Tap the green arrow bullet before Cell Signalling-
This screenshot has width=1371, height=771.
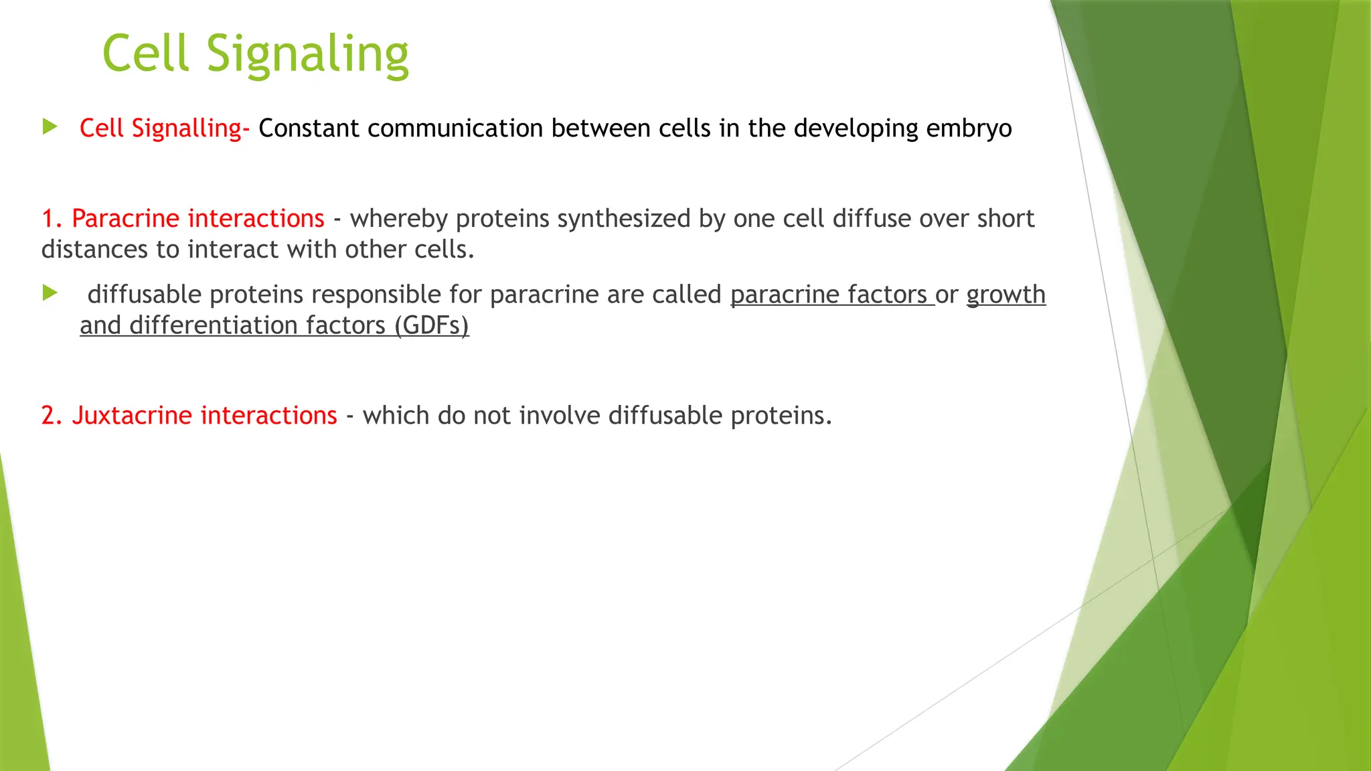[50, 126]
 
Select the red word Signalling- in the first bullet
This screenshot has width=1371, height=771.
[191, 128]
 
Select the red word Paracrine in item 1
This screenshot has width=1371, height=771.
[125, 219]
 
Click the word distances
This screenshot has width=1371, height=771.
[94, 250]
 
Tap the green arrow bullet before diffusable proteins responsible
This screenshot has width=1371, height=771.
[50, 293]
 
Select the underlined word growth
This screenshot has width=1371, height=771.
[1005, 295]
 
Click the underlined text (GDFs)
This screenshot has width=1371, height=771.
[431, 326]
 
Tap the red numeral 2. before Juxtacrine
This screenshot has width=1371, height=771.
[52, 416]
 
